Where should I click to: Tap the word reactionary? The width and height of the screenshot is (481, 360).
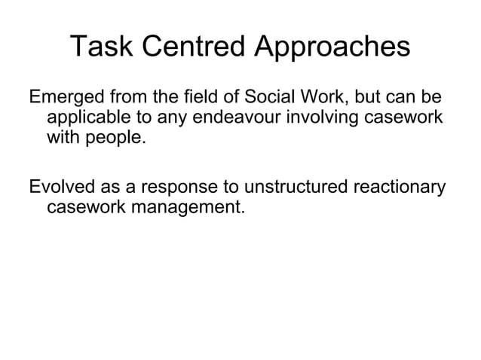pos(399,186)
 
